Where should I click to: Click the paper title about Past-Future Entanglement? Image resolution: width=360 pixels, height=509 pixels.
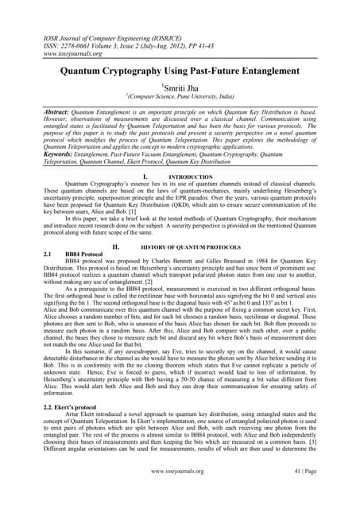pyautogui.click(x=180, y=71)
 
